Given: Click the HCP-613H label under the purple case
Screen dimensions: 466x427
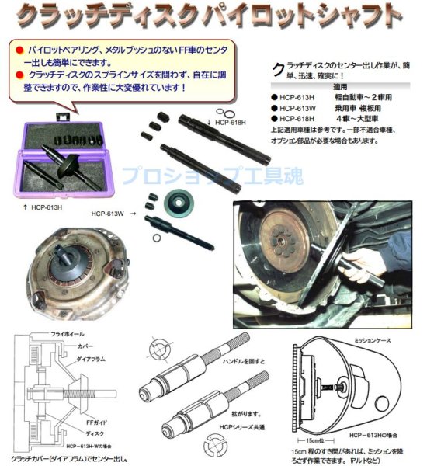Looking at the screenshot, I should pos(47,208).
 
